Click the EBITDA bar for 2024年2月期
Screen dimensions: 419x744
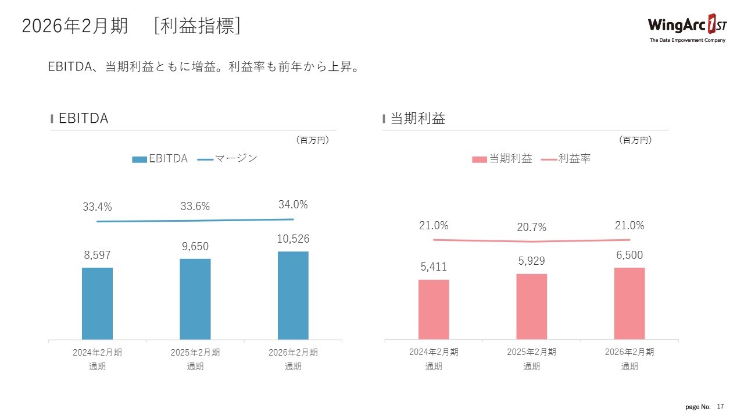coord(97,303)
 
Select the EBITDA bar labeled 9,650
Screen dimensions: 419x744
coord(195,299)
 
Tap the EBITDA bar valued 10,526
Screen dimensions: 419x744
coord(293,295)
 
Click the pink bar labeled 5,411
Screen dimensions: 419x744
coord(434,309)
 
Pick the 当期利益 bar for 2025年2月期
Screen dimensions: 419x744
coord(531,306)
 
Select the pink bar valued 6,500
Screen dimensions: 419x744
coord(629,303)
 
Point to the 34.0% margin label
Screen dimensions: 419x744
coord(293,205)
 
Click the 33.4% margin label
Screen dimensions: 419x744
coord(97,207)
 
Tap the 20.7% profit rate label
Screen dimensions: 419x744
coord(531,228)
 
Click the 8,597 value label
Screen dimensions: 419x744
coord(97,255)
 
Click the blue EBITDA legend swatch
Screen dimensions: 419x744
coord(139,159)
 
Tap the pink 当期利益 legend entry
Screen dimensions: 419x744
coord(503,158)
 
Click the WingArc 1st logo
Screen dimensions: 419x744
coord(686,27)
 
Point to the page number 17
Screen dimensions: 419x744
coord(721,406)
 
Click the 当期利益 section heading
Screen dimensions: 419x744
coord(417,119)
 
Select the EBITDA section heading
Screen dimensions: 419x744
coord(83,119)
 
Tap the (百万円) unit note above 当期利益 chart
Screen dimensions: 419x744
coord(635,140)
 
